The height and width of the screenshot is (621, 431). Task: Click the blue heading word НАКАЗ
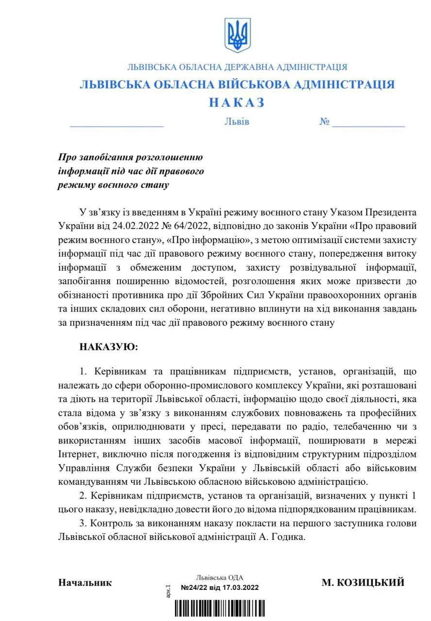(237, 102)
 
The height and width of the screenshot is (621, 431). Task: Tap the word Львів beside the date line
(237, 121)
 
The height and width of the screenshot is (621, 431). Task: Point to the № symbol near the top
(325, 121)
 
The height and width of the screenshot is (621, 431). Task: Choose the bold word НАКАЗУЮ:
(109, 347)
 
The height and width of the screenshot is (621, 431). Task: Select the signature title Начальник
(85, 583)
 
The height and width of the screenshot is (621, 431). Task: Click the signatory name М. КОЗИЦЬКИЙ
(363, 583)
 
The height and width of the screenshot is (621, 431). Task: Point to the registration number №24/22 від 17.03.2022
(220, 588)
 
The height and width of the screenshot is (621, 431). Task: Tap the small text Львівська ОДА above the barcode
(220, 578)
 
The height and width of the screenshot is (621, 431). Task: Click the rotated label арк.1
(168, 590)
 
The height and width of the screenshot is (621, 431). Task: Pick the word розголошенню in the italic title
(169, 157)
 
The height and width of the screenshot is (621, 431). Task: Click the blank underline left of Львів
(116, 125)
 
